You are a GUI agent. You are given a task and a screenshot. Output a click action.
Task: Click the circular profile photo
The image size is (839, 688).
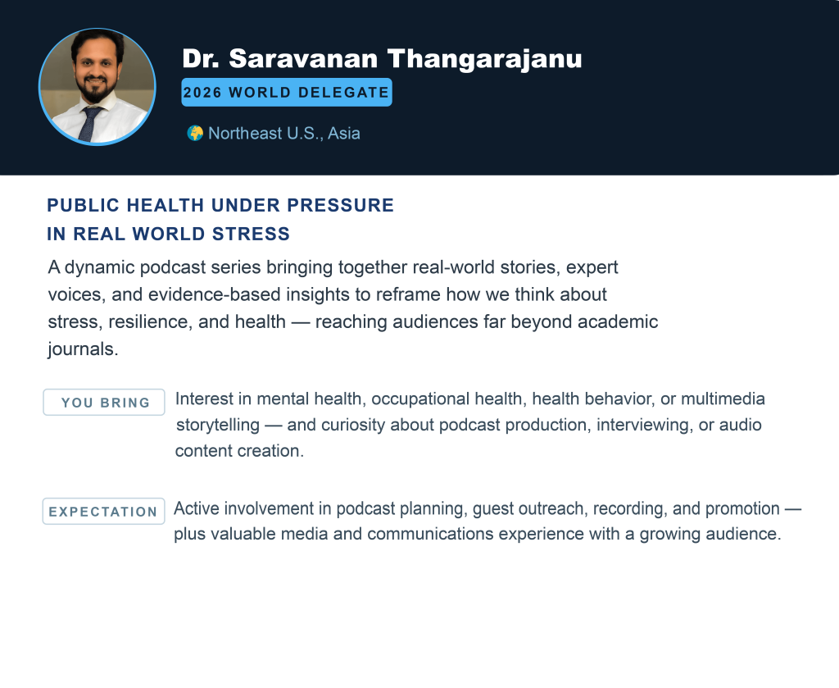pyautogui.click(x=97, y=87)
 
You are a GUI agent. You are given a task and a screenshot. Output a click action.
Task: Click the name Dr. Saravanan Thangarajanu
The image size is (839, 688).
pyautogui.click(x=382, y=59)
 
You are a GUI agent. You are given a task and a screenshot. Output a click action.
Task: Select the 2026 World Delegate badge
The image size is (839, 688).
pyautogui.click(x=286, y=93)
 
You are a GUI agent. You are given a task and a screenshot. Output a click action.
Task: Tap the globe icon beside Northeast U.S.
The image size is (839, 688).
pyautogui.click(x=195, y=133)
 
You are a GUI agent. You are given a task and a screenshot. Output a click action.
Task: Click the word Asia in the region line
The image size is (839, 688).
pyautogui.click(x=344, y=133)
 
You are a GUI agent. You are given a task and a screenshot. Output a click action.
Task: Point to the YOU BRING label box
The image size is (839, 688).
pyautogui.click(x=104, y=403)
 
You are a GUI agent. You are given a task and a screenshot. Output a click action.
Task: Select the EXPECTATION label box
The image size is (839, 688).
pyautogui.click(x=103, y=512)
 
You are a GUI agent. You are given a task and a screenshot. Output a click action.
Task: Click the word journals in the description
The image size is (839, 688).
pyautogui.click(x=83, y=348)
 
